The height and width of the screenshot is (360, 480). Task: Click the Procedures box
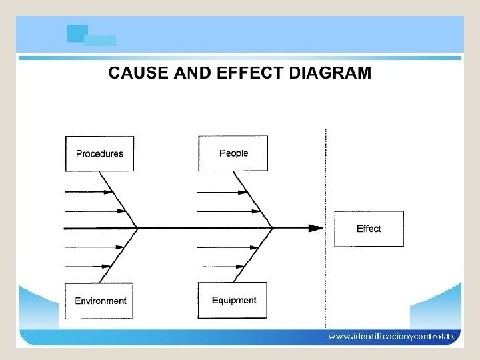tap(99, 153)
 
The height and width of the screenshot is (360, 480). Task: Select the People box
tap(233, 153)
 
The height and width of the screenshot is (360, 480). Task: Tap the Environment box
tap(100, 301)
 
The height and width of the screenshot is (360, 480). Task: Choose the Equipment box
tap(233, 301)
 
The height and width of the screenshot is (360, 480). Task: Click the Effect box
tap(369, 229)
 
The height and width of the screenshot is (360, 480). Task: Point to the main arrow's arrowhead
tap(315, 228)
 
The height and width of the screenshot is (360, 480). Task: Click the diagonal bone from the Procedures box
tap(118, 199)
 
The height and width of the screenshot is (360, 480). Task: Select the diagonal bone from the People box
tap(253, 199)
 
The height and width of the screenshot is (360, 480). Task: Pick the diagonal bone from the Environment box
tap(119, 257)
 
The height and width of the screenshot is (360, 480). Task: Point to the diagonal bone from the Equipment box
tap(253, 257)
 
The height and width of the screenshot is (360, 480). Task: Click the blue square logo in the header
tap(77, 34)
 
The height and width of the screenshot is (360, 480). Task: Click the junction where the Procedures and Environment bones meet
tap(137, 228)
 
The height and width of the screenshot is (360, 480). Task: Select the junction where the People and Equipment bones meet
tap(272, 228)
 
